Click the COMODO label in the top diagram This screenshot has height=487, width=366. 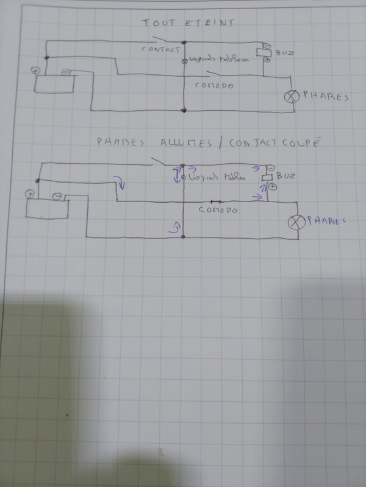click(213, 85)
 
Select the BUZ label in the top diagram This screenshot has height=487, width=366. click(285, 53)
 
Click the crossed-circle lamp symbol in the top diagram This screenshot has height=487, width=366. click(293, 96)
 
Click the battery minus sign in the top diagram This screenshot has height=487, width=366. click(65, 72)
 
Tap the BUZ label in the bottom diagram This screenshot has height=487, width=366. click(285, 176)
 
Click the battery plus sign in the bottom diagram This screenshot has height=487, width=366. click(29, 194)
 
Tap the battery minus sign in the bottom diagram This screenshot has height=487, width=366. click(57, 196)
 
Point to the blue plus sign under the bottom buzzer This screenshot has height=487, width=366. click(273, 187)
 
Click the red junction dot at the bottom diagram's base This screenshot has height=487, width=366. click(184, 237)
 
